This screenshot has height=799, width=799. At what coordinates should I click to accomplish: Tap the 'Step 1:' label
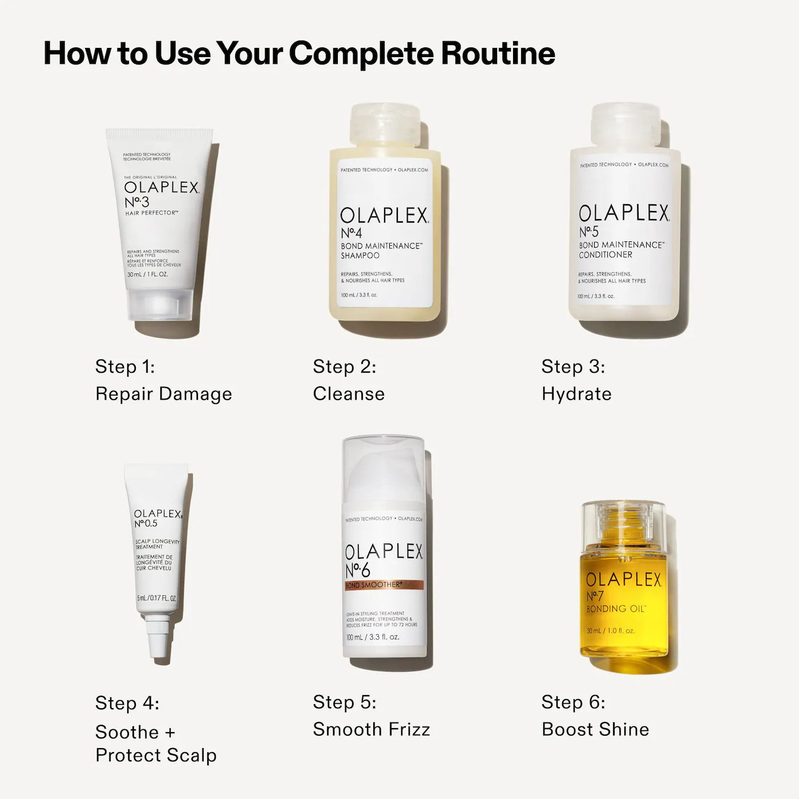tap(125, 366)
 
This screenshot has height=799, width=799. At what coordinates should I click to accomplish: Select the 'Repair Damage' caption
tap(164, 394)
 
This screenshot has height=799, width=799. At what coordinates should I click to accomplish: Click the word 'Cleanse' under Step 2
tap(349, 394)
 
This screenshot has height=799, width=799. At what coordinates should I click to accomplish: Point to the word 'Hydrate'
tap(576, 394)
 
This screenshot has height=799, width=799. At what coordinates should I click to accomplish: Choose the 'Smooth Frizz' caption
tap(372, 729)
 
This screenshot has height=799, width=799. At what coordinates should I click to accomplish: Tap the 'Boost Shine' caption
tap(595, 729)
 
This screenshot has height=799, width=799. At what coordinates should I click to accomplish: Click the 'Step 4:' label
tap(127, 703)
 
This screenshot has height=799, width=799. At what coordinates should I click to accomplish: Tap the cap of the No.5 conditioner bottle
tap(626, 124)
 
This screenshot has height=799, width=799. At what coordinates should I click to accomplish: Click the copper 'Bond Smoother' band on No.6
tap(384, 585)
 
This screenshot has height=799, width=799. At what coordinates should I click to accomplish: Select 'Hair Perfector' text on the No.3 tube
tap(152, 213)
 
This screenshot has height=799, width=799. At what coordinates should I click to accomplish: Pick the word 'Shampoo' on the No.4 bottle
tap(360, 256)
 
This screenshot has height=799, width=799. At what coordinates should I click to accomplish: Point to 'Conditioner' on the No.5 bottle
tap(606, 255)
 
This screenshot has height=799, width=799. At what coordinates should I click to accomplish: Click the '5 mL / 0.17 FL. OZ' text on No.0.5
tap(156, 598)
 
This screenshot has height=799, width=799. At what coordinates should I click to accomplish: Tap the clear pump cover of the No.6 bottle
tap(384, 468)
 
